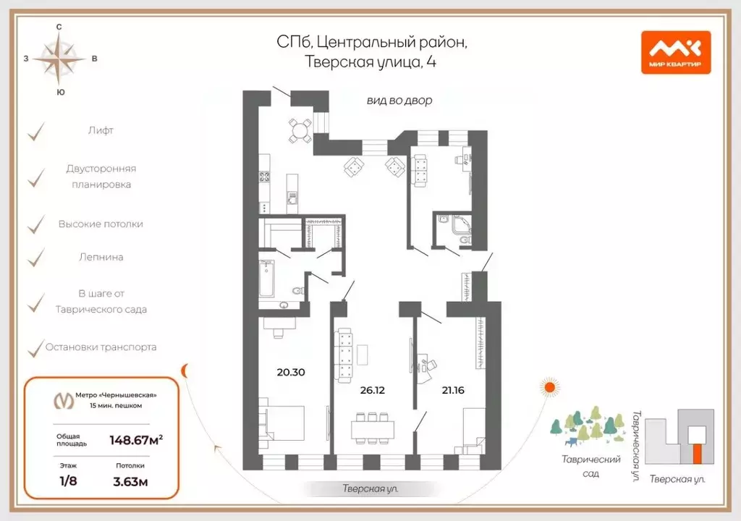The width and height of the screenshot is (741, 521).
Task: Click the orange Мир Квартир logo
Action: (676, 53)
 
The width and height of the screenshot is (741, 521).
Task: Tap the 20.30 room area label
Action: (291, 372)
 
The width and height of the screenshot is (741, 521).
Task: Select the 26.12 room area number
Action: (373, 390)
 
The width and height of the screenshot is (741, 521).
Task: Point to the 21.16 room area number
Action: (453, 390)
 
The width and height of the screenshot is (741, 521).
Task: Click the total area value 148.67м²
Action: (136, 440)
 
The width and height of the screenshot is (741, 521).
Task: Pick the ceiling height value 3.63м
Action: (130, 482)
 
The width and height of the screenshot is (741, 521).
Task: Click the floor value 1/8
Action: (68, 480)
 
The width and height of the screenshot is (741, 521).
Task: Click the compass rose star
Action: (59, 59)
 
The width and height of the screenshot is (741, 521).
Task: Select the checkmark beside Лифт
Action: (36, 132)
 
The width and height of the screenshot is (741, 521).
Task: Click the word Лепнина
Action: (101, 257)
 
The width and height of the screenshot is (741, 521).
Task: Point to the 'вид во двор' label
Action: (399, 101)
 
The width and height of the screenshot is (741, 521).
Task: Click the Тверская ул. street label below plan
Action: (370, 488)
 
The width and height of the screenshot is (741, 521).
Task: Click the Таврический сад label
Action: (590, 466)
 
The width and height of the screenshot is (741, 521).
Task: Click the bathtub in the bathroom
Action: (266, 279)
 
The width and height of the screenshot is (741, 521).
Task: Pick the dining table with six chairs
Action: (373, 429)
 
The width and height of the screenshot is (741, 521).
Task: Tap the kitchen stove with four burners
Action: (264, 177)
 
